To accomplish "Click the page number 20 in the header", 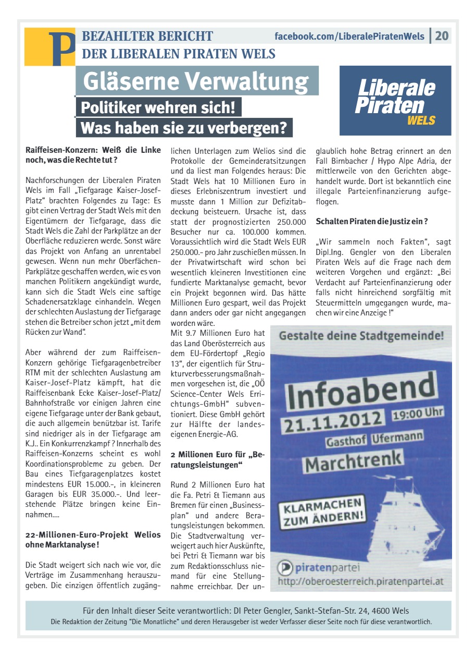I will coord(442,36).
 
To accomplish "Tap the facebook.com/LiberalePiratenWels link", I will coord(349,36).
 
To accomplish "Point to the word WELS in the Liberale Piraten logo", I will coord(421,121).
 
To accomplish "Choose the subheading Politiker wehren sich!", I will coord(158,108).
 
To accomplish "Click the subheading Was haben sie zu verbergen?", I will coord(184,128).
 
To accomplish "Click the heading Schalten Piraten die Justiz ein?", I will coord(372,222).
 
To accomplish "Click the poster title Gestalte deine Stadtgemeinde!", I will coord(361,336).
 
